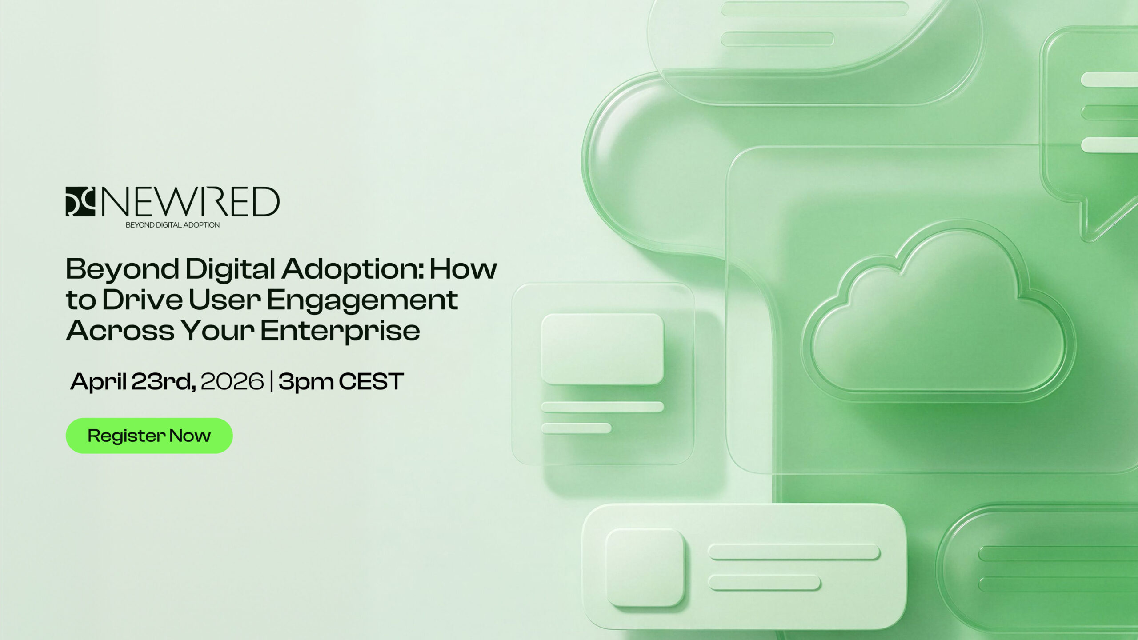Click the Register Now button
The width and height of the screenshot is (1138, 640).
[x=149, y=436]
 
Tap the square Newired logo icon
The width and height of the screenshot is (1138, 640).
[x=80, y=201]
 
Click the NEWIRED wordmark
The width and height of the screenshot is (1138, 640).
[x=191, y=201]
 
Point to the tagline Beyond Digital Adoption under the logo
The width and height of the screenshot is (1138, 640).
[x=172, y=225]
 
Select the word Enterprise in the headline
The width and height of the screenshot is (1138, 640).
[x=340, y=331]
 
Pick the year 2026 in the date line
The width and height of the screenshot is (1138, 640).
[x=232, y=381]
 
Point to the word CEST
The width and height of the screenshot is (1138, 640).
[x=371, y=381]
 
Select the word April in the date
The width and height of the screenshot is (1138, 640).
[x=98, y=382]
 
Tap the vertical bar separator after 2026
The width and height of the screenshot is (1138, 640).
[x=271, y=382]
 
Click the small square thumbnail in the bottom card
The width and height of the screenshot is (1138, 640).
[x=645, y=567]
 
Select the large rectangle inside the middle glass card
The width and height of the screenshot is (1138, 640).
[x=602, y=349]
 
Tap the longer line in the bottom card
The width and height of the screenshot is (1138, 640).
[x=794, y=552]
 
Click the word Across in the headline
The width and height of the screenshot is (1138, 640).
[x=120, y=331]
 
